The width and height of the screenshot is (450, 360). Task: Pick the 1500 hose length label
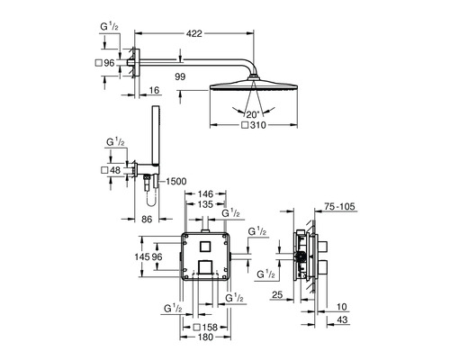coord(175,181)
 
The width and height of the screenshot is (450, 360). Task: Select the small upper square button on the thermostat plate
coord(204,247)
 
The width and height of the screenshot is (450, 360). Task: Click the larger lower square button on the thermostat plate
coord(205,268)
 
